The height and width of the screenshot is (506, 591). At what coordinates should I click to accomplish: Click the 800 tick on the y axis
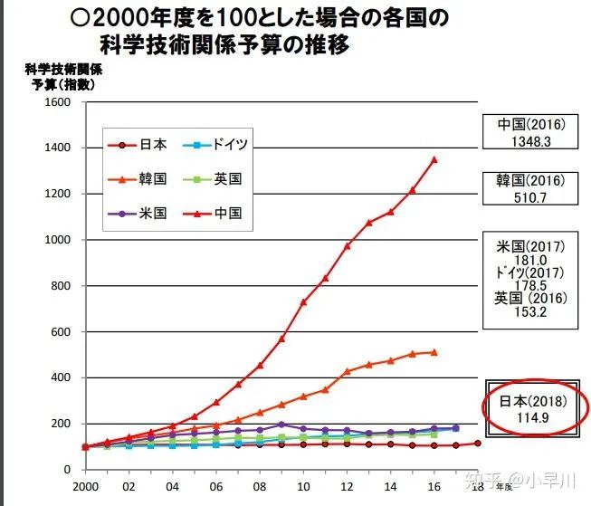(60, 286)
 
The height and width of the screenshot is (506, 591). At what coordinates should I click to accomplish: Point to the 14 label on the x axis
(391, 485)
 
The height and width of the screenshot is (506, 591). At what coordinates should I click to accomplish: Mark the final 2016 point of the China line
(434, 159)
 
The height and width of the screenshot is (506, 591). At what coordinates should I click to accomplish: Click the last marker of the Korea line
(434, 352)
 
